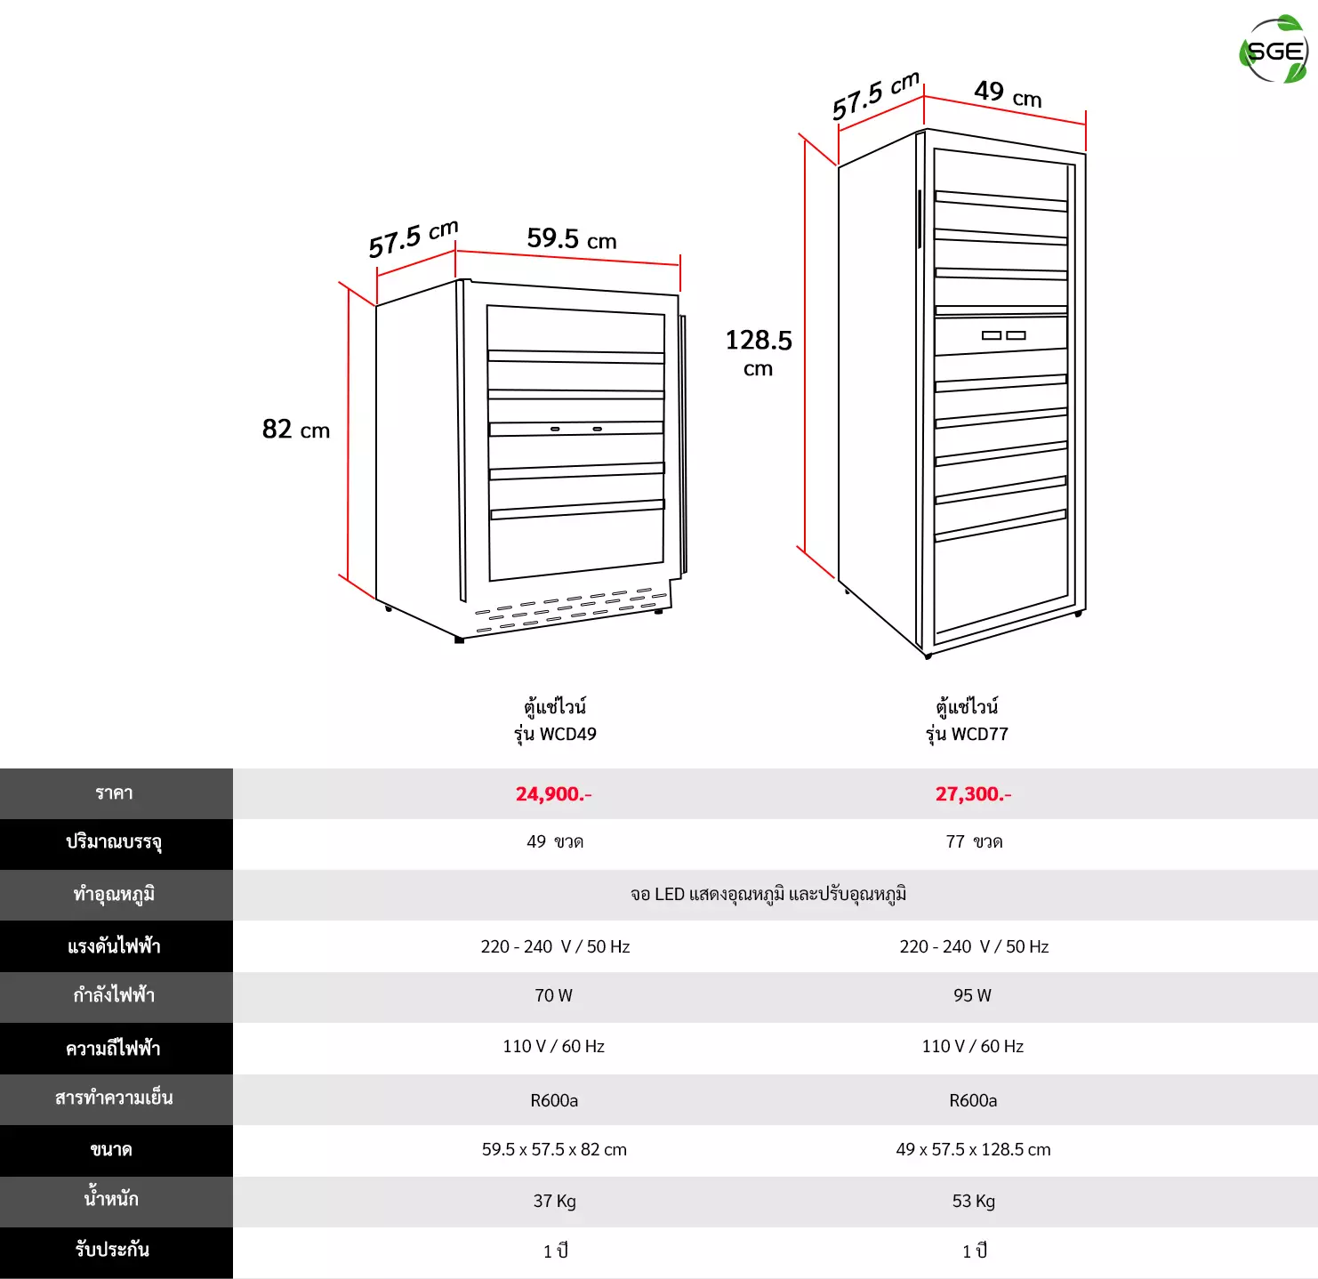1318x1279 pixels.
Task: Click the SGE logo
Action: [1274, 50]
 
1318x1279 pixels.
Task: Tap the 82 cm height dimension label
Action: [296, 429]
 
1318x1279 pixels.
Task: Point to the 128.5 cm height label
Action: [759, 351]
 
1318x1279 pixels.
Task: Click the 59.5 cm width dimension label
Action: [572, 238]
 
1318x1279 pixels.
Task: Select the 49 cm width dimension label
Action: [1008, 93]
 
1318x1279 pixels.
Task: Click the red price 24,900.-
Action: [553, 793]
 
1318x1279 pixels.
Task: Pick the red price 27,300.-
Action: [973, 793]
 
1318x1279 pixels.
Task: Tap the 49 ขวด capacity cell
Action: [555, 841]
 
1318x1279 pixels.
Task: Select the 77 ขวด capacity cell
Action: [974, 841]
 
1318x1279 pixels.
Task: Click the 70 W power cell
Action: [553, 995]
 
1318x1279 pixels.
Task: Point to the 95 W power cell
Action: [973, 995]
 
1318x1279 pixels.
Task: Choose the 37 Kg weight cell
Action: [554, 1201]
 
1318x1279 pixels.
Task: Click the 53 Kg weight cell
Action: [973, 1201]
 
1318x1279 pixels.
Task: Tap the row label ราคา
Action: [114, 793]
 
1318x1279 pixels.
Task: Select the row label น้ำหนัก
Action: [111, 1198]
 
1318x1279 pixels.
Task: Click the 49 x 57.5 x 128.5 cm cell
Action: [973, 1150]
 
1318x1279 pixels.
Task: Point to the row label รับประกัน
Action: [112, 1249]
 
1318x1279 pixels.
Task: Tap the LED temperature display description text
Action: [768, 894]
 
